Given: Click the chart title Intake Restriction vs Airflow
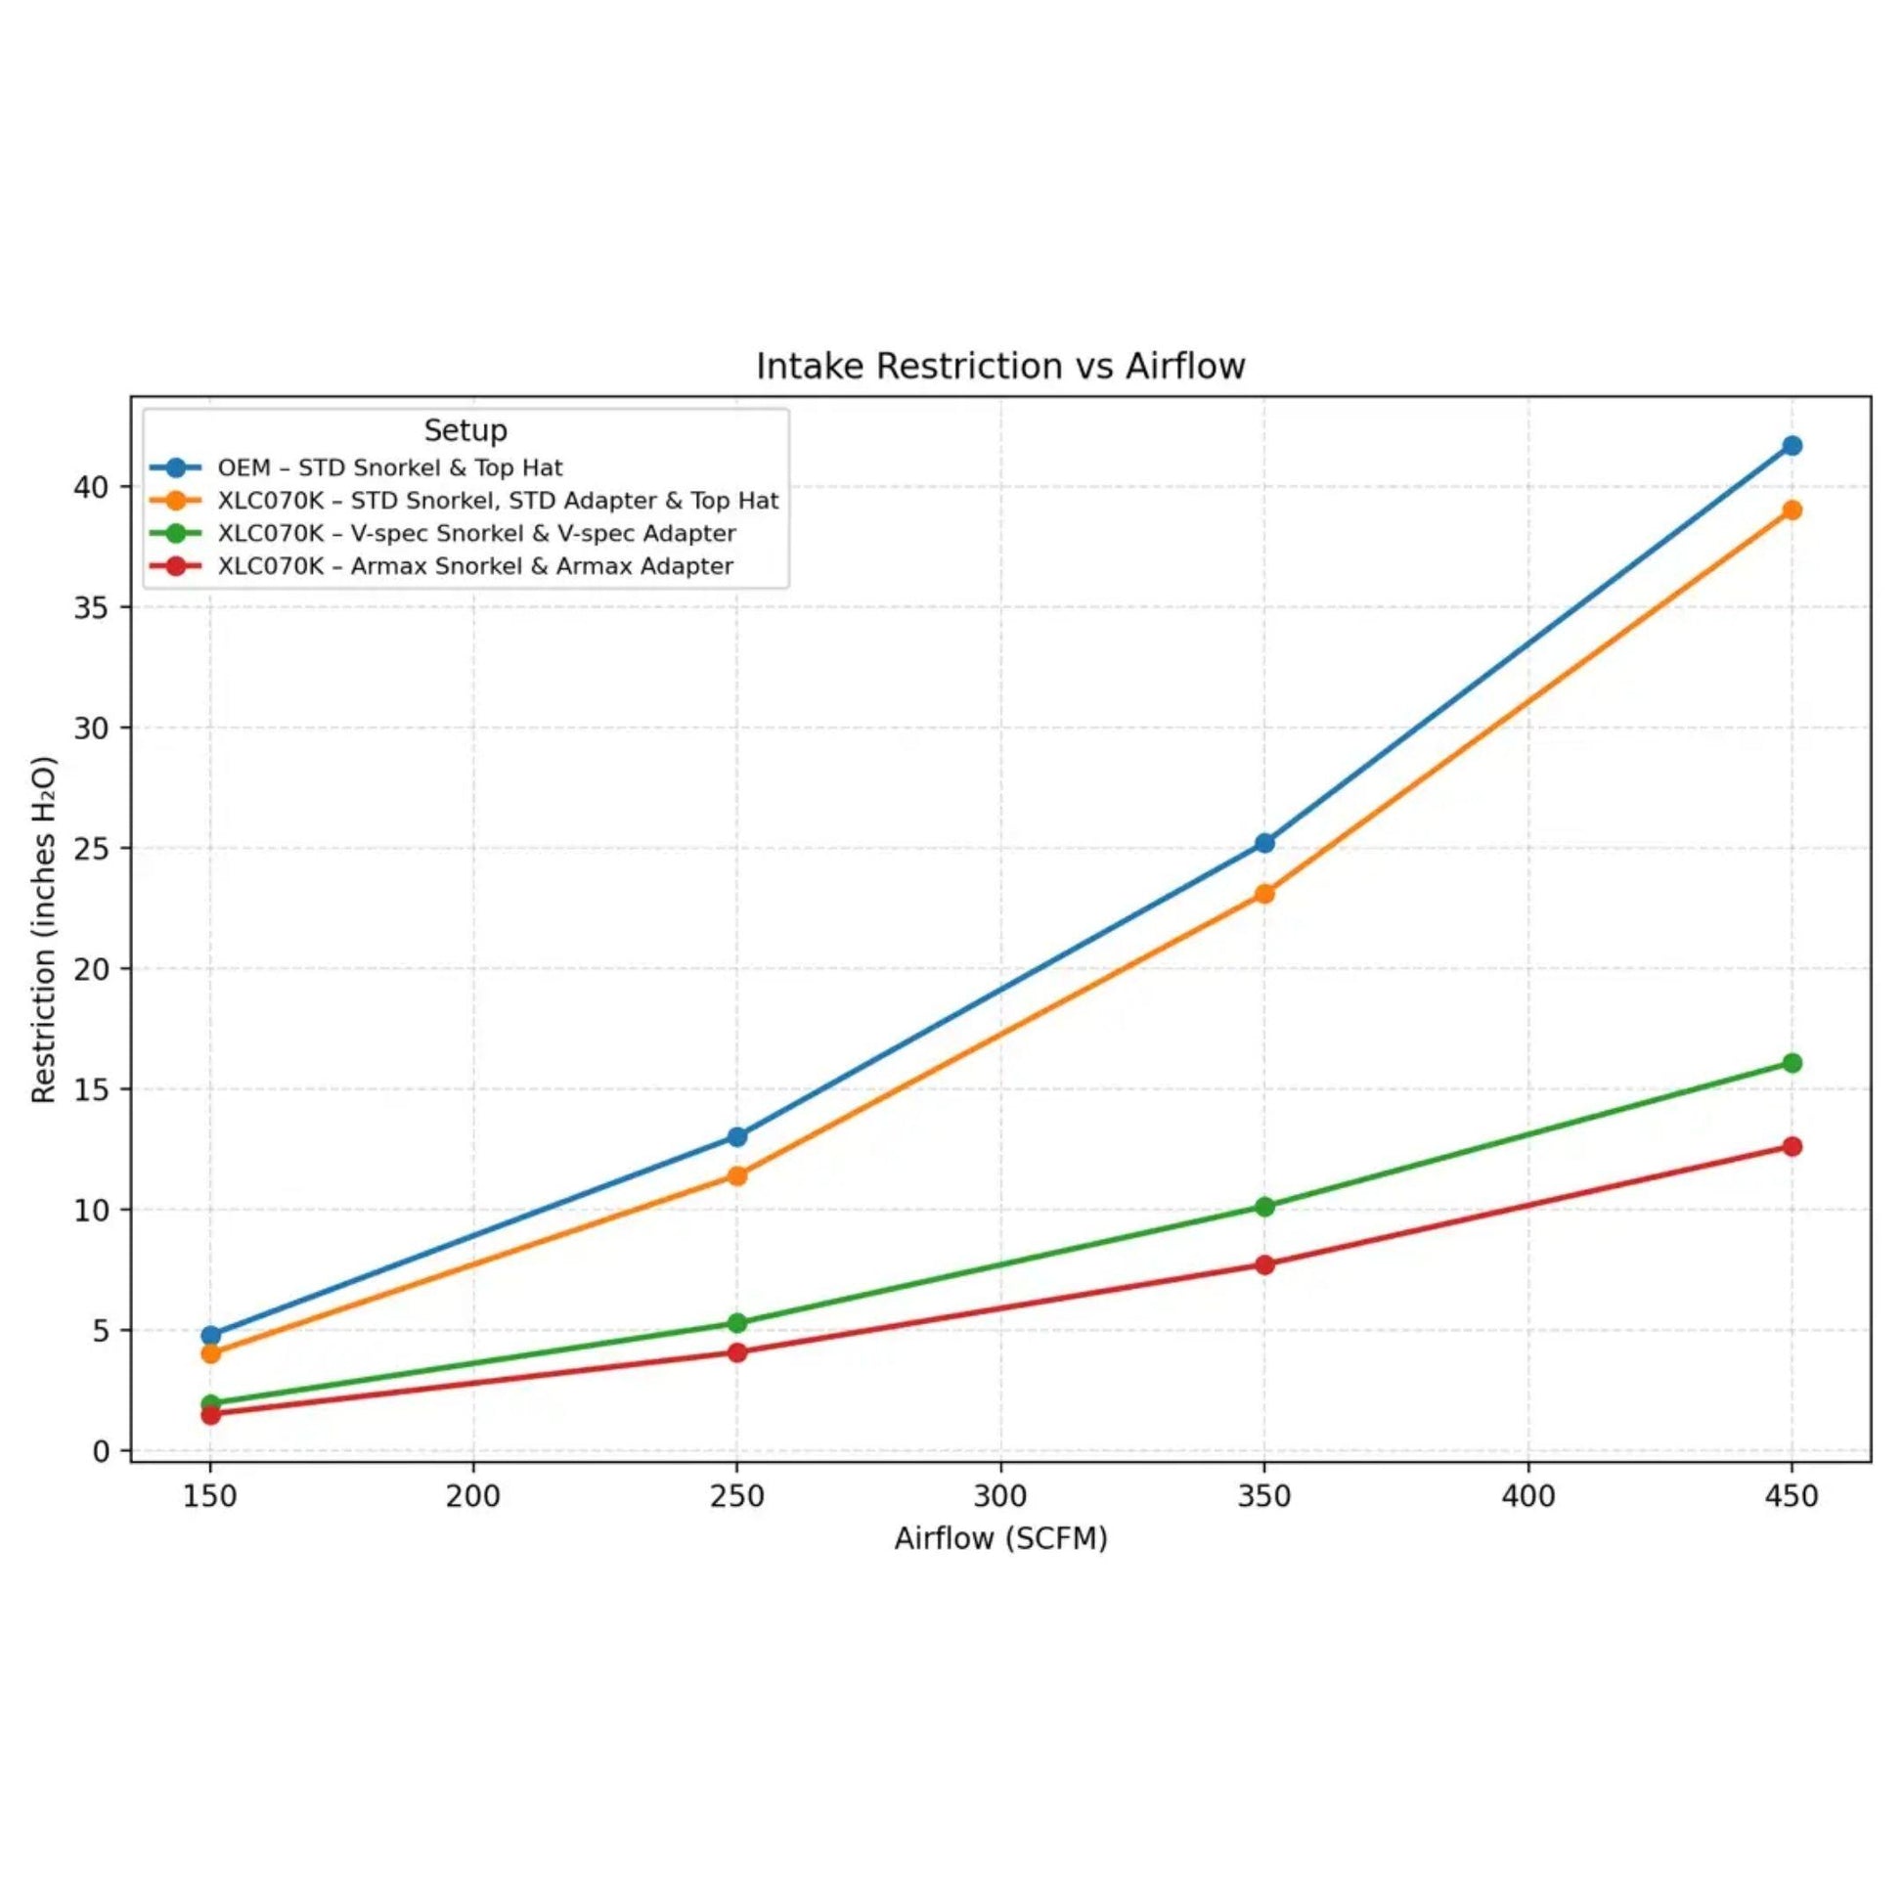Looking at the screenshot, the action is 999,367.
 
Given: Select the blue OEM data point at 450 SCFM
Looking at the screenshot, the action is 1792,445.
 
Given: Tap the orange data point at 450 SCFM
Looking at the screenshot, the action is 1792,510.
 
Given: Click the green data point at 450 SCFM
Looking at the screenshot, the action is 1792,1063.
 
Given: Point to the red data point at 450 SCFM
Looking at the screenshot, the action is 1792,1146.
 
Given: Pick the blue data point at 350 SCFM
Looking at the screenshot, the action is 1264,843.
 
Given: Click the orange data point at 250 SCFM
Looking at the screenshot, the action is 736,1175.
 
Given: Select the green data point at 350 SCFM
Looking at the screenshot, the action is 1264,1207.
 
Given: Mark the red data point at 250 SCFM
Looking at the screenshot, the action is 736,1352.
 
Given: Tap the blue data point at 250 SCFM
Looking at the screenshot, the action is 736,1136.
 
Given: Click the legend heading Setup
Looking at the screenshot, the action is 465,430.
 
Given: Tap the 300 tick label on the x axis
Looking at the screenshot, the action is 999,1496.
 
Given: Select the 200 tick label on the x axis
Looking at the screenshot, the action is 472,1496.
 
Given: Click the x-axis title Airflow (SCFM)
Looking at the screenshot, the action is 1000,1538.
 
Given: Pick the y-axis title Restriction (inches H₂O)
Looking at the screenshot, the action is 43,930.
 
